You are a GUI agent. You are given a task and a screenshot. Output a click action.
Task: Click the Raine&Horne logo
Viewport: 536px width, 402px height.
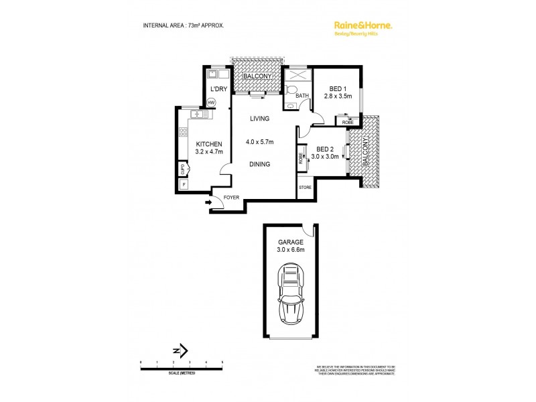[x=362, y=26]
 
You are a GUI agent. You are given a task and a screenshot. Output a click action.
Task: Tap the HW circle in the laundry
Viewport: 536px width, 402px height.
[x=211, y=103]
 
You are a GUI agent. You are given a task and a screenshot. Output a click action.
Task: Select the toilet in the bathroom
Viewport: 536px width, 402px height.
[x=291, y=91]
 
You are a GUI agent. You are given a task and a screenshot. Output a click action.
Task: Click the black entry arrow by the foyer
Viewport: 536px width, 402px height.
[x=208, y=201]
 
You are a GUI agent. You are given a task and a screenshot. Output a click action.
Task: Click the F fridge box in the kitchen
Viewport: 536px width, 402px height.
[x=184, y=184]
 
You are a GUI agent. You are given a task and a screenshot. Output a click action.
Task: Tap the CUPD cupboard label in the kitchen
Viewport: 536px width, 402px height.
[x=182, y=168]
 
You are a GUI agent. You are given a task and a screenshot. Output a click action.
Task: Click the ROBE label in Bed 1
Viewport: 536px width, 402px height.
[x=348, y=122]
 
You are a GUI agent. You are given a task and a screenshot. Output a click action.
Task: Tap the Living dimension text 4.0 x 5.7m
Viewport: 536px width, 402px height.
[x=259, y=142]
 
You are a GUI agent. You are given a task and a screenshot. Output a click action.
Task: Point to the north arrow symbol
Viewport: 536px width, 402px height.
[x=180, y=350]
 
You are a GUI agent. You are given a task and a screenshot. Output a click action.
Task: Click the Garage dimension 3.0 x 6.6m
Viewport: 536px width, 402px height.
[x=291, y=250]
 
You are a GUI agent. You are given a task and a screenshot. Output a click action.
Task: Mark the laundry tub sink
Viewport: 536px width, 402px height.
[x=214, y=74]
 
